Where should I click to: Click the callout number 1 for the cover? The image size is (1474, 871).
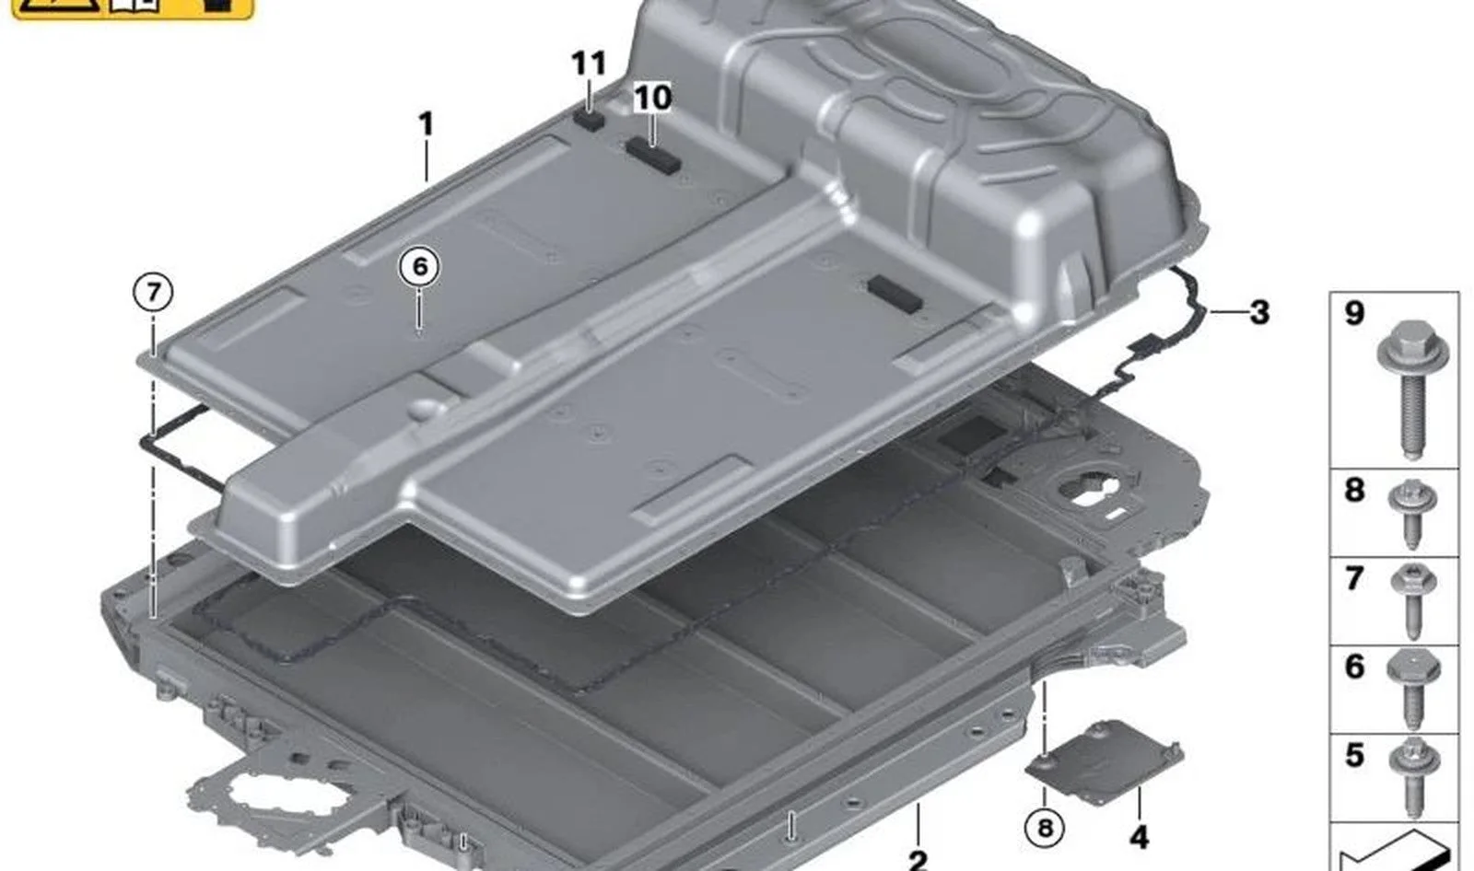point(427,123)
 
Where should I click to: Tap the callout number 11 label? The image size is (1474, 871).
point(589,64)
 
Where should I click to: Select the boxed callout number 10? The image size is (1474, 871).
point(652,98)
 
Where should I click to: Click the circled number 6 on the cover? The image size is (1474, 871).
point(420,266)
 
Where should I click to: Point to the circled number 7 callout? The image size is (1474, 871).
point(153,292)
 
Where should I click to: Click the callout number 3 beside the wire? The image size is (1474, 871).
point(1258,312)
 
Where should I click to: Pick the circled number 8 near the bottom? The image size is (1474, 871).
point(1045,828)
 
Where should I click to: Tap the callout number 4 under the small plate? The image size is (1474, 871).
point(1139,838)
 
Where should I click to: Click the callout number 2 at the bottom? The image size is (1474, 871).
point(918,859)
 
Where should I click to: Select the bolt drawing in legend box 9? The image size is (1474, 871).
point(1413,389)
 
